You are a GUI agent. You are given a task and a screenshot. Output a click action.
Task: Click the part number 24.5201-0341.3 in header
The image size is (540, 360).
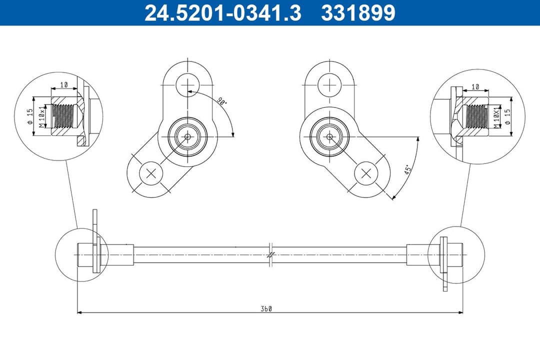(x=222, y=13)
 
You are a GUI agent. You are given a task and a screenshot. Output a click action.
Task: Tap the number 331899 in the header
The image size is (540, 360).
(x=358, y=13)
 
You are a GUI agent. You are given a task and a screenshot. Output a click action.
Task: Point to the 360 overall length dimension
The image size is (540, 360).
(x=265, y=308)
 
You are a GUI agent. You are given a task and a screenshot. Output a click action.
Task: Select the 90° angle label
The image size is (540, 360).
(x=221, y=101)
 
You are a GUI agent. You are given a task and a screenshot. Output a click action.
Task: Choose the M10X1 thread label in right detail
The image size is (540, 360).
(x=496, y=118)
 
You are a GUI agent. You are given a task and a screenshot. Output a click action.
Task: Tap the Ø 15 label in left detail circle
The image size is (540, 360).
(x=30, y=116)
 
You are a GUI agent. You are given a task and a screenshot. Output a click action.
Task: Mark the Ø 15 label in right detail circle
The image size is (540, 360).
(x=507, y=118)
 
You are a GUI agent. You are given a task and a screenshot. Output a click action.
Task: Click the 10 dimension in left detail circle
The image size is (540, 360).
(x=63, y=85)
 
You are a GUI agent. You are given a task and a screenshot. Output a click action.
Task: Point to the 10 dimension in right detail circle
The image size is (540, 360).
(x=475, y=86)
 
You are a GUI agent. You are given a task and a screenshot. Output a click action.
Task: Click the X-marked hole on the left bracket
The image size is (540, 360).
(x=150, y=173)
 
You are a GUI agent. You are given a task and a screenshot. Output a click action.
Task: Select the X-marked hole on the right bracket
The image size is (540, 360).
(x=366, y=173)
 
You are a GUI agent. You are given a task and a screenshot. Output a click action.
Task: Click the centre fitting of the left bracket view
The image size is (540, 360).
(x=187, y=136)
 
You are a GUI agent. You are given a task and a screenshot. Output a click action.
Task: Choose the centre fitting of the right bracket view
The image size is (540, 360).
(x=330, y=136)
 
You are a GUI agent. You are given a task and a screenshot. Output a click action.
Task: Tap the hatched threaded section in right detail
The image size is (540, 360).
(x=475, y=118)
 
